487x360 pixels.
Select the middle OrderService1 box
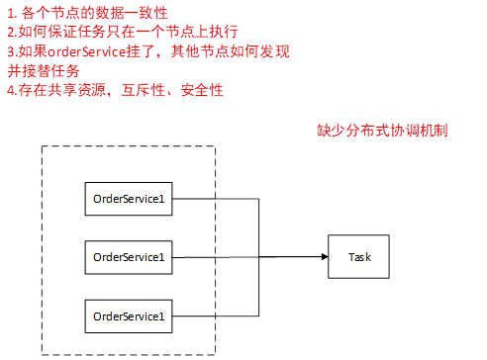tap(128, 258)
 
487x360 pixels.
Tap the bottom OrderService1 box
tap(128, 315)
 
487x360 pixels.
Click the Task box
tap(359, 257)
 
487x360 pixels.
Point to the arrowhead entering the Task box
tap(324, 258)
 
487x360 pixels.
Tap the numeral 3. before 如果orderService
tap(10, 51)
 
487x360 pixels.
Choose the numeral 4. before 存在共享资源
tap(10, 90)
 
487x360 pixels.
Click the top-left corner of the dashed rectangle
tap(43, 147)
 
